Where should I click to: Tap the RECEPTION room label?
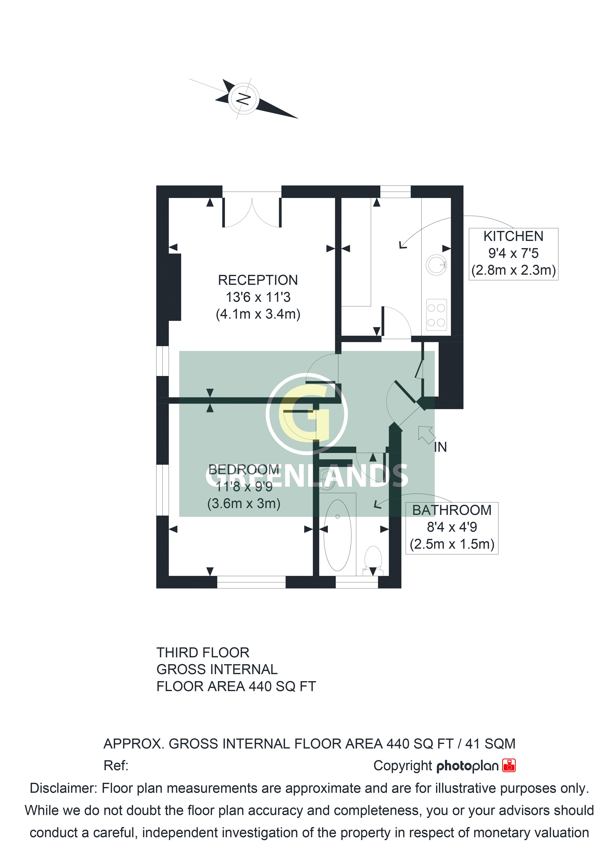tap(258, 280)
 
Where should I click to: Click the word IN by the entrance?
tap(441, 447)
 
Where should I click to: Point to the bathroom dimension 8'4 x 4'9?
tap(452, 527)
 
